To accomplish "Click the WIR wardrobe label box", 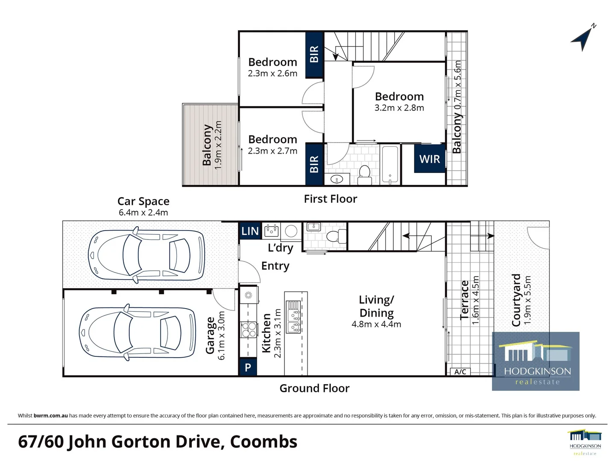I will [x=429, y=159].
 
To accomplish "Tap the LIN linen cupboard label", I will [x=250, y=231].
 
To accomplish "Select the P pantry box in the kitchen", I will [x=248, y=368].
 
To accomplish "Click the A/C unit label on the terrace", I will [x=460, y=372].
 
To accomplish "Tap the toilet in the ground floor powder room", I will [x=337, y=235].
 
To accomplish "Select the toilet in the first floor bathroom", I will [x=364, y=174].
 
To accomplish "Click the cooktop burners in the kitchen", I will [x=249, y=330].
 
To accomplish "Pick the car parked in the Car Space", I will [x=146, y=255].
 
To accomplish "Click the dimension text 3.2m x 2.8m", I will [x=399, y=108].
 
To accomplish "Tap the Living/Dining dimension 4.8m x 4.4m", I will [x=376, y=324].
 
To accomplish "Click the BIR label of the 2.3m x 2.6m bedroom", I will [x=314, y=54].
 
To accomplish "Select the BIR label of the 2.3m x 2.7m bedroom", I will [x=314, y=164].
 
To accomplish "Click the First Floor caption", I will [x=330, y=199].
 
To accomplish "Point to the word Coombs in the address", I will [x=264, y=442].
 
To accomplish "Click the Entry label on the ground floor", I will [x=275, y=266].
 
